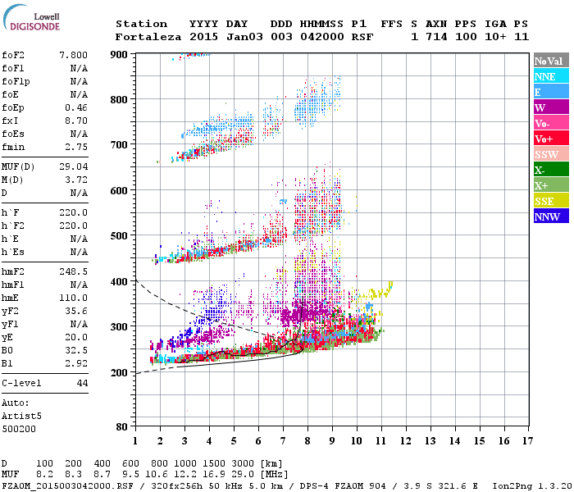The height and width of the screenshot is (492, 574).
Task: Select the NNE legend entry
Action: pos(549,76)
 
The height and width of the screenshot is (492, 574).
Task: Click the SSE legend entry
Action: pos(549,201)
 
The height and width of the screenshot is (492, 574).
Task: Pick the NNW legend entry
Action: pos(549,216)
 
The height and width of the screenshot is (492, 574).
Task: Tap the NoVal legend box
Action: pos(549,61)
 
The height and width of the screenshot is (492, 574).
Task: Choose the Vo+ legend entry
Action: pos(549,139)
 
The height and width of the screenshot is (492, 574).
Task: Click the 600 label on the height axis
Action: pos(120,191)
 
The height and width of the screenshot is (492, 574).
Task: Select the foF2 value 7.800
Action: pos(73,54)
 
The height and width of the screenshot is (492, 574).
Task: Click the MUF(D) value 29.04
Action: pos(73,166)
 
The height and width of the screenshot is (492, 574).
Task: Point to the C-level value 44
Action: pos(81,383)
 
